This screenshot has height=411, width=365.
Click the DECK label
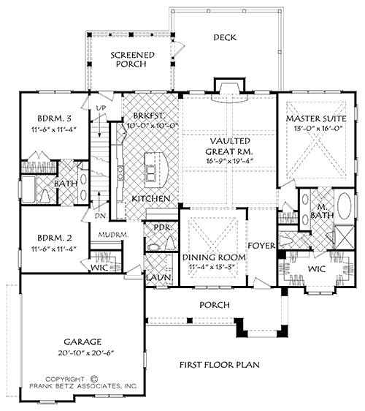[x=225, y=37]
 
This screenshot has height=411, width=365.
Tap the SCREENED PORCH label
[x=132, y=59]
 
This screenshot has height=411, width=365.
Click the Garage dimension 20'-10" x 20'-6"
[x=86, y=352]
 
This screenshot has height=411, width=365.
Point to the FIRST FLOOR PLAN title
[x=220, y=365]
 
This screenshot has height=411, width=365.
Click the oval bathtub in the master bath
[x=345, y=205]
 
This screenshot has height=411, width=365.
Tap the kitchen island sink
[x=151, y=173]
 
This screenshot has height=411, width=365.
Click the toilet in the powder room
[x=170, y=243]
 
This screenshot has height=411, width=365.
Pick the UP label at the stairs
[x=101, y=108]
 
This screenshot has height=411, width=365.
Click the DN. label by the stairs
[x=101, y=216]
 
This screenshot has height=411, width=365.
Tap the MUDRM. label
[x=113, y=235]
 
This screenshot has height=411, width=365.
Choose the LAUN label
[x=159, y=277]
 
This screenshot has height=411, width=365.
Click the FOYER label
[x=261, y=246]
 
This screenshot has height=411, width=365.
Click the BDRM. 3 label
[x=55, y=118]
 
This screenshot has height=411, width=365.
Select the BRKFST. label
[x=149, y=116]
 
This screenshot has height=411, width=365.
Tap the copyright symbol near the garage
[x=93, y=379]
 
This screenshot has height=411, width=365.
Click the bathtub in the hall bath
[x=28, y=189]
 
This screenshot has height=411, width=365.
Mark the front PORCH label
[x=215, y=305]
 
